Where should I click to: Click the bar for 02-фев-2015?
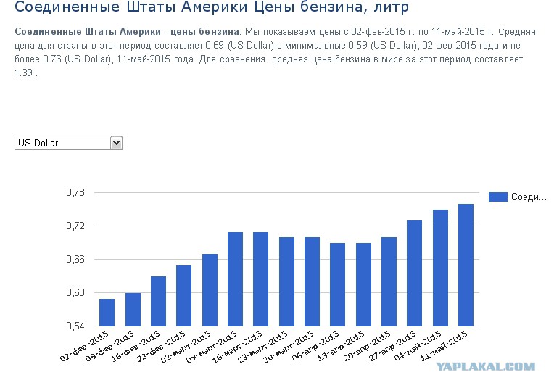tap(107, 313)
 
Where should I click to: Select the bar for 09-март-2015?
tap(236, 278)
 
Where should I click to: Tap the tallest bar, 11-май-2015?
tap(466, 265)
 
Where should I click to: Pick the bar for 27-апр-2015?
tap(415, 273)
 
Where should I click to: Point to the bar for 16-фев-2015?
tap(158, 301)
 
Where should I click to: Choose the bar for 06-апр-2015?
tap(337, 284)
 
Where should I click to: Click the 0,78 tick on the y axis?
tap(75, 193)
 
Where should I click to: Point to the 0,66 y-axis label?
tap(75, 260)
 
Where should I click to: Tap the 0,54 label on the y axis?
tap(75, 326)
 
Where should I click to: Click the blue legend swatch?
tap(498, 197)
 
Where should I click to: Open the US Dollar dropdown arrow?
tap(116, 143)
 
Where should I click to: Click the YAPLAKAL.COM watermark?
tap(485, 366)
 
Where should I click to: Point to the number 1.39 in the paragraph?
tap(24, 73)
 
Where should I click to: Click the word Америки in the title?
tap(215, 7)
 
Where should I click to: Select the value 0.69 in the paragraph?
tap(215, 46)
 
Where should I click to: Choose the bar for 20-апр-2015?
tap(389, 281)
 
